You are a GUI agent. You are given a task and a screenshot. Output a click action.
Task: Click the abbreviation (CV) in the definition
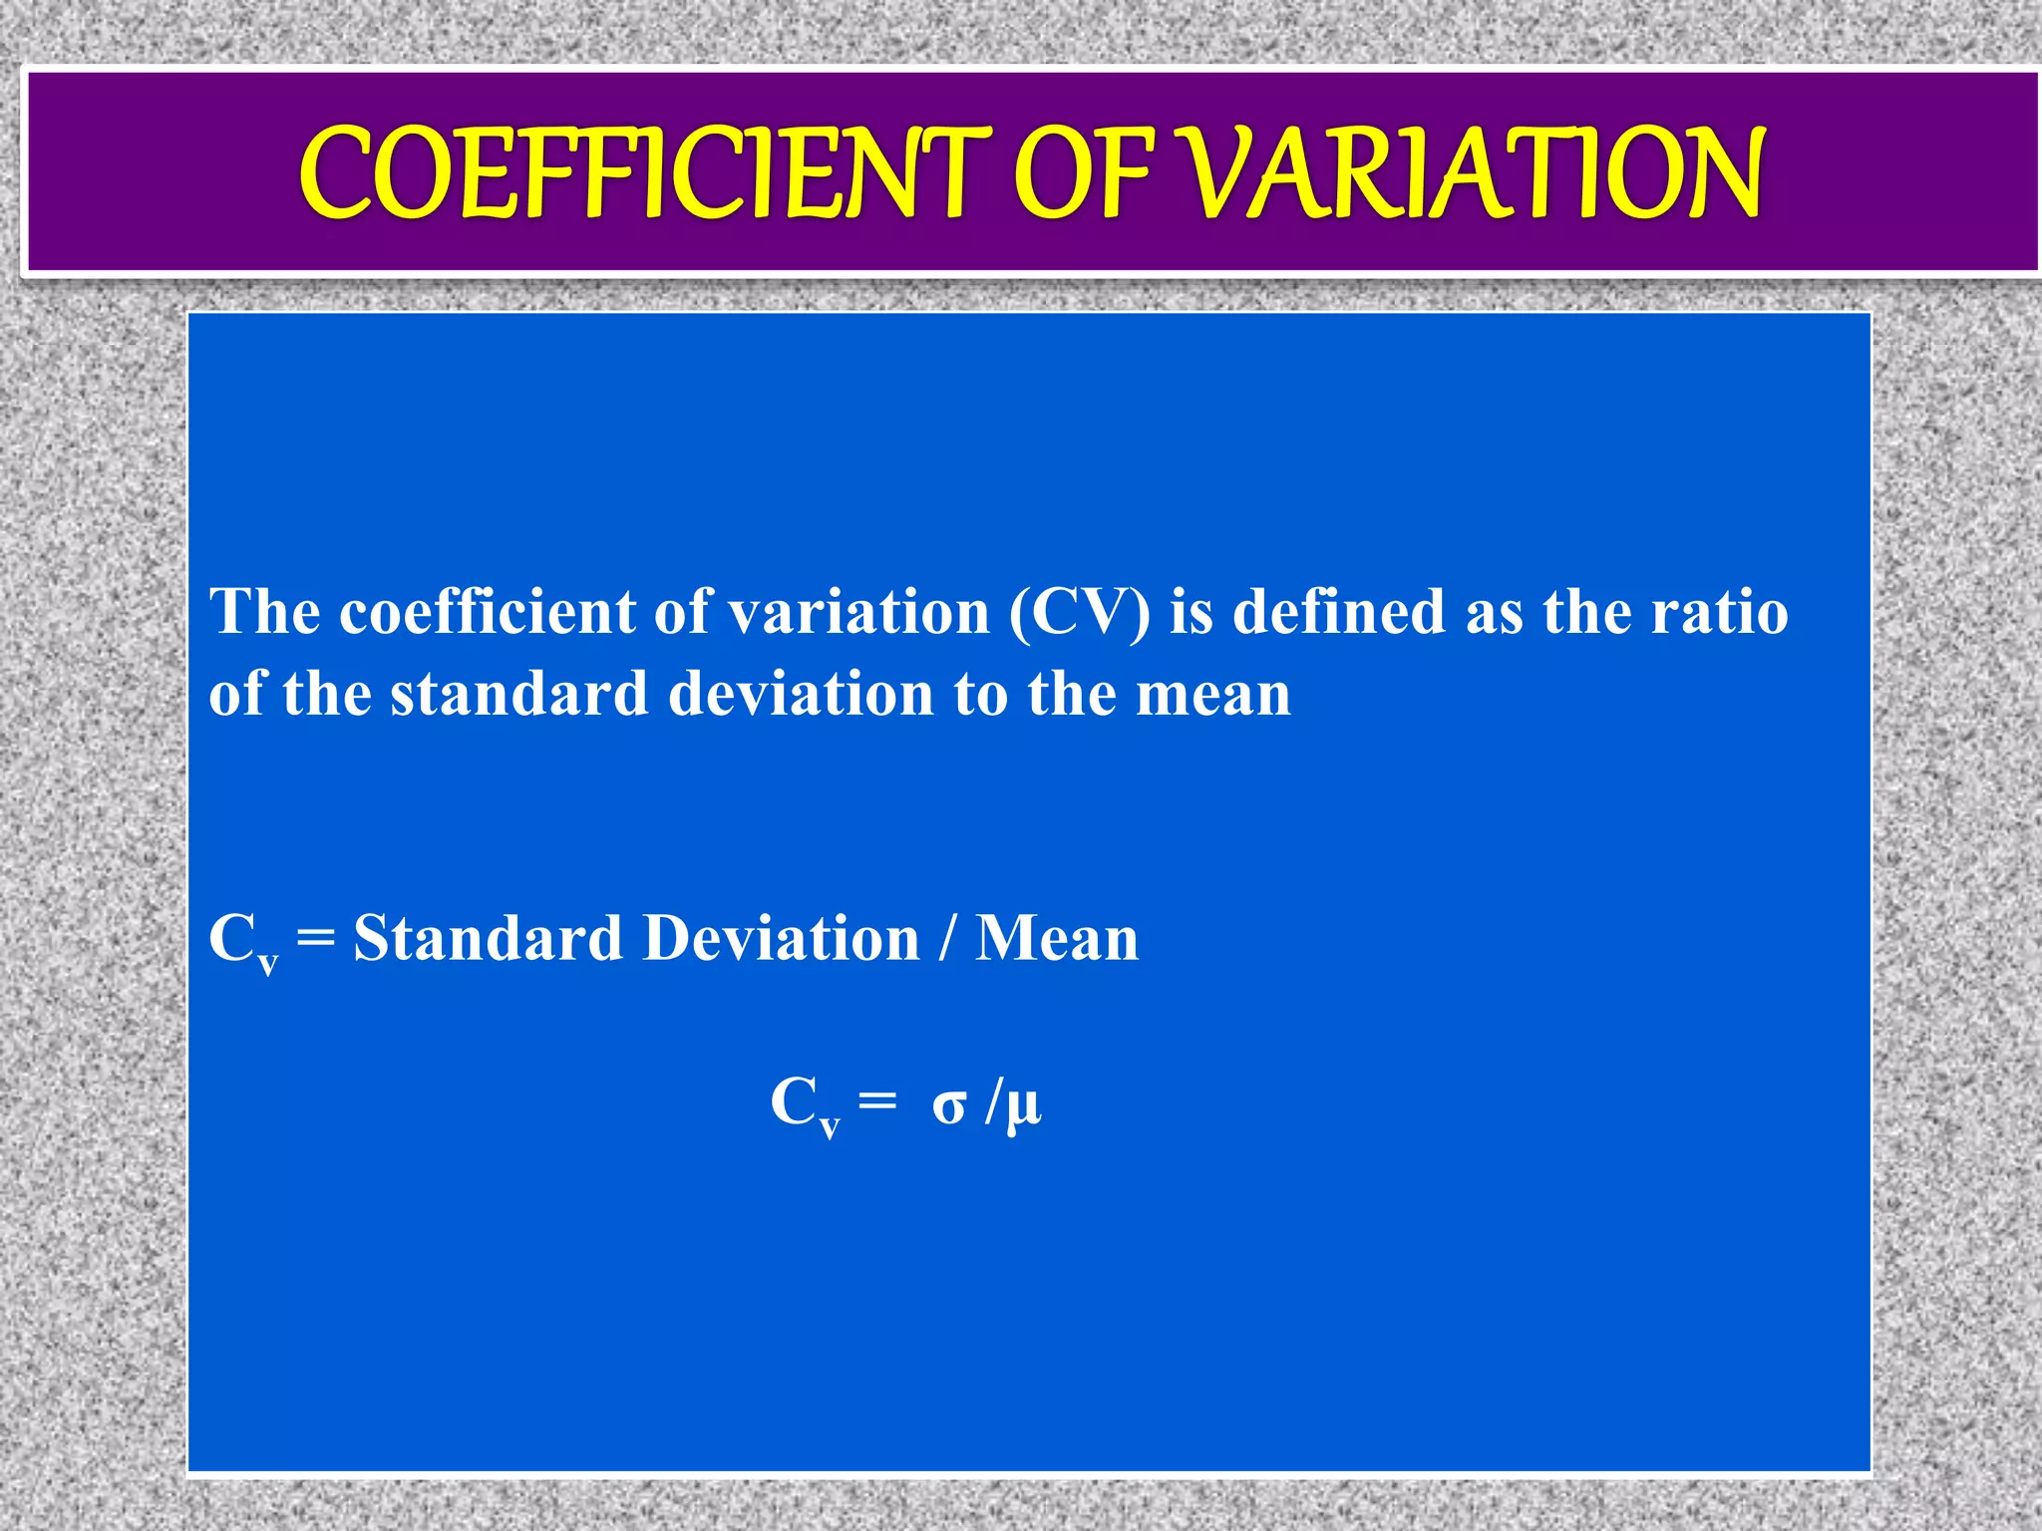pos(1079,611)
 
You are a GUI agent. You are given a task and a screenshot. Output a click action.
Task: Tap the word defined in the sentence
pos(1339,611)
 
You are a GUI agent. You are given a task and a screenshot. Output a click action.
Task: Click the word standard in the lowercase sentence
pos(518,694)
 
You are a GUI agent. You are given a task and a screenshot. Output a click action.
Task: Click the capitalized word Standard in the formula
pos(488,938)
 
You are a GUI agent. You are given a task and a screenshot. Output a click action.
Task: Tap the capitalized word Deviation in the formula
pos(781,938)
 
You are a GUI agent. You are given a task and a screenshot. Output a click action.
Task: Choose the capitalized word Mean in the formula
pos(1057,938)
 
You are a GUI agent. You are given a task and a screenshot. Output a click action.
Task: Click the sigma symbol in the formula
pos(949,1104)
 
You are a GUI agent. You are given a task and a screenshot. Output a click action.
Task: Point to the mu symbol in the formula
pos(1024,1106)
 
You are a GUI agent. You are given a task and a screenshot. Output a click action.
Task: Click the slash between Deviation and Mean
pos(946,938)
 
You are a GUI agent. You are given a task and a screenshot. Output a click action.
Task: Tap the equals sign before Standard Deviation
pos(316,940)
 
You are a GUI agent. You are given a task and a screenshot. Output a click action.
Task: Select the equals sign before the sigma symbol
pos(877,1102)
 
